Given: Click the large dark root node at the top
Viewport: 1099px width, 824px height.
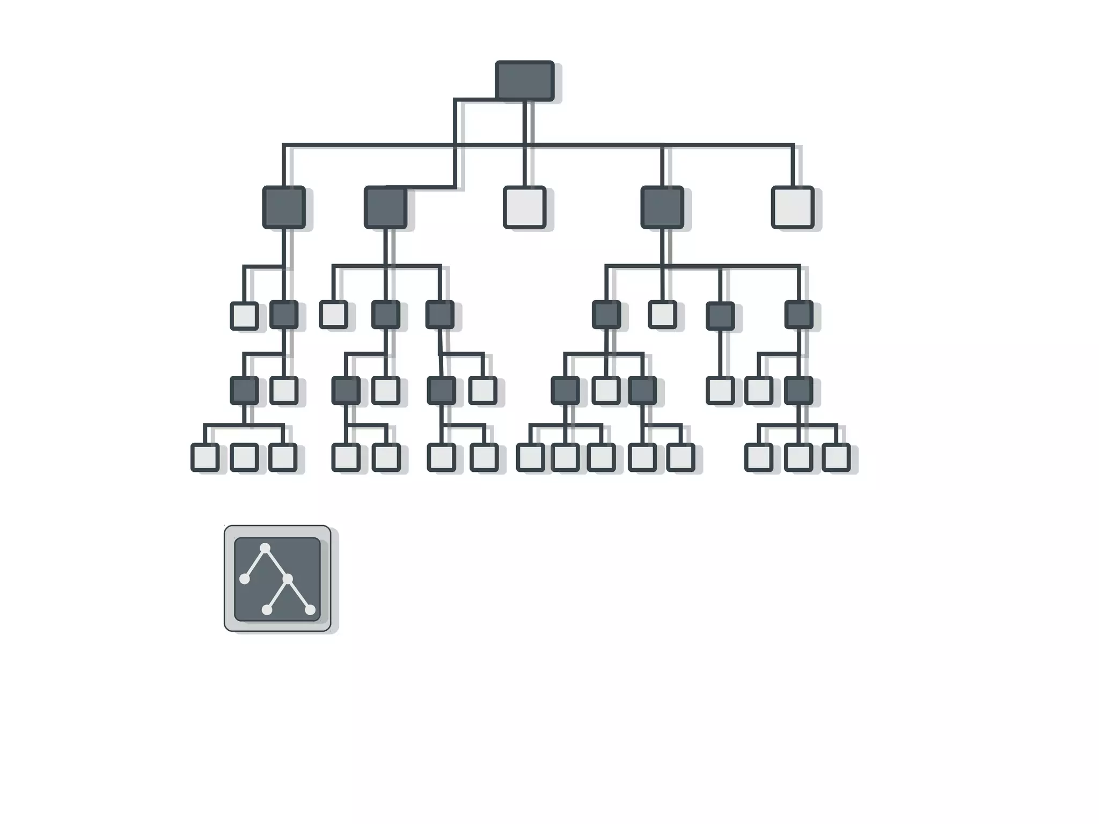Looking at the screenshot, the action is coord(524,81).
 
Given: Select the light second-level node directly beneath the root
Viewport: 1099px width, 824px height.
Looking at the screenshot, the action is coord(524,207).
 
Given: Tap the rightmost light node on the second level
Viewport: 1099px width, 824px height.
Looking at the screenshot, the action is coord(793,207).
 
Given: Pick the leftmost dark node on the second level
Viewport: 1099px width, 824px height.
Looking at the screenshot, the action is coord(284,207).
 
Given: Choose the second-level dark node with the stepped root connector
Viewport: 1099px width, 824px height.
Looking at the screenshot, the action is coord(385,207).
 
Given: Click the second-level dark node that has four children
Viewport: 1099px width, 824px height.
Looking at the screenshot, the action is coord(662,207).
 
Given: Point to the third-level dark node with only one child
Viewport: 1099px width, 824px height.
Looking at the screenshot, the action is coord(720,315).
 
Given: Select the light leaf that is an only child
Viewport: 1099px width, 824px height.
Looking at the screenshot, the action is coord(720,390).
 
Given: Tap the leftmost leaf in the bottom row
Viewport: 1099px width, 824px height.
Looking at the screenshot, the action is coord(204,457).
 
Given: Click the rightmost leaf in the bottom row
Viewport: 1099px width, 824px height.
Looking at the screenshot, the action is coord(836,457).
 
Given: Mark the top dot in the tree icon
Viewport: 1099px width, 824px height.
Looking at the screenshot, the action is coord(265,548).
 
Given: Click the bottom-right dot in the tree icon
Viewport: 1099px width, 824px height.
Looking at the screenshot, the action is coord(310,610).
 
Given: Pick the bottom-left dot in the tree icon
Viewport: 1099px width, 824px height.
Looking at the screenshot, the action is coord(267,610).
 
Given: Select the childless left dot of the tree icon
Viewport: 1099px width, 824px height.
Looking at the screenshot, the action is coord(244,579).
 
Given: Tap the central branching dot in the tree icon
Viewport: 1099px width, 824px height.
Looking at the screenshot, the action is coord(288,579).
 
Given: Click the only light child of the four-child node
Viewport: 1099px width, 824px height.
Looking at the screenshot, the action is coord(662,315).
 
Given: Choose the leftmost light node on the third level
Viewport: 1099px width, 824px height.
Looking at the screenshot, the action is coord(244,316).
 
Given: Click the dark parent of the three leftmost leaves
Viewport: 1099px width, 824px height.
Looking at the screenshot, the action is coord(244,390).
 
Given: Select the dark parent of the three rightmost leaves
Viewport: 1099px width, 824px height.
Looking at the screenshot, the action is coord(798,390).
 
